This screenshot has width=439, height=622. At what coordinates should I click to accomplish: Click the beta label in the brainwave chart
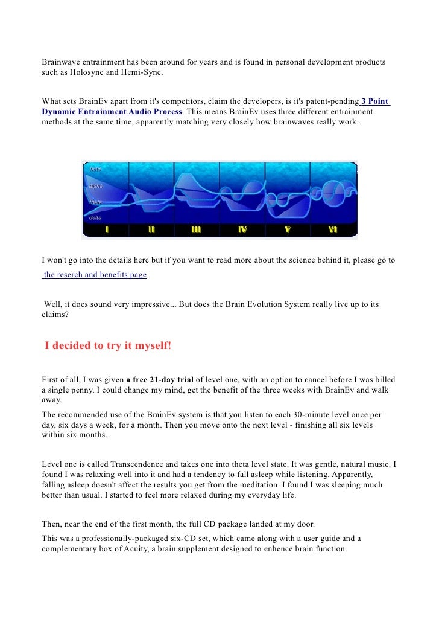click(x=95, y=169)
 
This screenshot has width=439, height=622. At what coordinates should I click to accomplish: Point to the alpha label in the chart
click(x=96, y=186)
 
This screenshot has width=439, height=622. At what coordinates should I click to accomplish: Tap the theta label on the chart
click(x=96, y=202)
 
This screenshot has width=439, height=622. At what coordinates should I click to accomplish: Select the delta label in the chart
click(x=95, y=217)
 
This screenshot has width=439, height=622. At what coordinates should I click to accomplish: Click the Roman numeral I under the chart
click(x=107, y=230)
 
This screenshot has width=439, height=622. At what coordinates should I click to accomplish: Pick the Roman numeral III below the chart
click(x=197, y=230)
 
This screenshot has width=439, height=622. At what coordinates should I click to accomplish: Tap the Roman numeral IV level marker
click(x=242, y=230)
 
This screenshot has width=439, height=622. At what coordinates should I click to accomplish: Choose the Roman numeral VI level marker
click(x=333, y=230)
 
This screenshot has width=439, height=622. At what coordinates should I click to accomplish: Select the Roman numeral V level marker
click(x=288, y=230)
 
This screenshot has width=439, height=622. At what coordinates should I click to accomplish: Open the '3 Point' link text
click(x=375, y=101)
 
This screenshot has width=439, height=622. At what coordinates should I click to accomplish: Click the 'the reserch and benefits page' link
click(x=95, y=275)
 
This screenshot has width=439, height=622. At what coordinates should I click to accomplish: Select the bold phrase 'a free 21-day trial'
click(x=159, y=380)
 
